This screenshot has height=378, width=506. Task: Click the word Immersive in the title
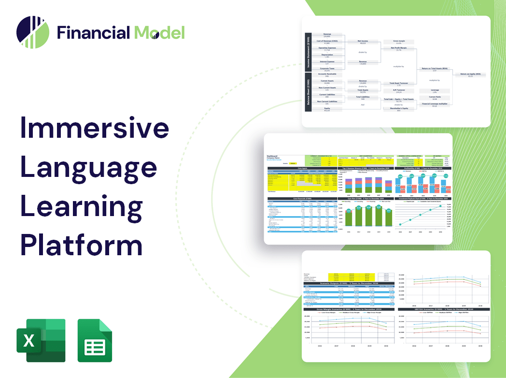coord(95,129)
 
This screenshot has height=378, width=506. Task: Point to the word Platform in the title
coord(82,243)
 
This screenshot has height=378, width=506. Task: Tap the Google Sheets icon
coord(95,340)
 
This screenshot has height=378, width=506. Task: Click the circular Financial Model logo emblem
coord(33,33)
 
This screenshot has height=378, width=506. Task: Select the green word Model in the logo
coord(159,33)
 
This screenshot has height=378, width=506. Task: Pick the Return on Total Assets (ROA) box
coord(435,69)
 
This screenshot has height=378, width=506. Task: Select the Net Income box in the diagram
coord(362,42)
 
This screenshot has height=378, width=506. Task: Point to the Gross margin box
coord(398,42)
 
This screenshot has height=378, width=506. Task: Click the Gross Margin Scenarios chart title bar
coord(348,309)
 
